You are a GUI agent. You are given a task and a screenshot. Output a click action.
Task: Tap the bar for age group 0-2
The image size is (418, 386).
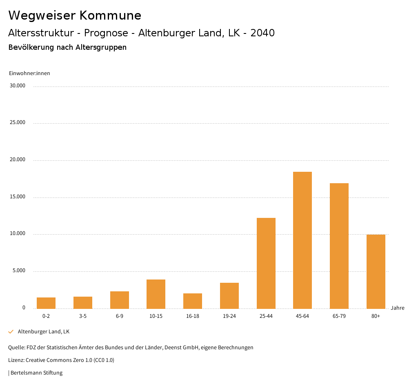click(x=46, y=303)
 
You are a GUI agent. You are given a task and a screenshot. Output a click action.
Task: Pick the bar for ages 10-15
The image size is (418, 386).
click(x=156, y=294)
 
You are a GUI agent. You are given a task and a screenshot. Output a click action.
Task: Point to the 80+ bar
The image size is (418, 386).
click(x=376, y=271)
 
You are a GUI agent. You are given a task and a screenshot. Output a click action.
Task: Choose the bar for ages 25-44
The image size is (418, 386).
click(x=266, y=263)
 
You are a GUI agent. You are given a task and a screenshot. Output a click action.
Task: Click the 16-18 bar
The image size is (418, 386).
click(x=193, y=301)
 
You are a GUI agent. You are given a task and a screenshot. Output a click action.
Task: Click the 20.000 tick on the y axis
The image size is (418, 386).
click(x=18, y=160)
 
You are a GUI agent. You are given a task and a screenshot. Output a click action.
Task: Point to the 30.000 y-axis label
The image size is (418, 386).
click(x=18, y=86)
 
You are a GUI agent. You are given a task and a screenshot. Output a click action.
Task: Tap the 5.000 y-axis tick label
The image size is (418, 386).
click(x=19, y=271)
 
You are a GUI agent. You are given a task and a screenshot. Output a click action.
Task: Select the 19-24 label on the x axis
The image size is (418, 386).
click(x=229, y=316)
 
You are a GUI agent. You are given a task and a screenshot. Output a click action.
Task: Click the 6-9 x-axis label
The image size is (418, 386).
click(x=120, y=316)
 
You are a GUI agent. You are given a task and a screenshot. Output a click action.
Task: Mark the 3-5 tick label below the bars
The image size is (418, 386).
click(x=83, y=316)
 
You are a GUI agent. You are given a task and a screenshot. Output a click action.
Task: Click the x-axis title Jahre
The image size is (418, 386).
click(x=398, y=308)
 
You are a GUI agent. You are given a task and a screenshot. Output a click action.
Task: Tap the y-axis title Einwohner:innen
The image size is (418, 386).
click(x=29, y=73)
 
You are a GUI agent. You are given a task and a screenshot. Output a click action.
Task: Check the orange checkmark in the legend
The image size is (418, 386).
click(x=11, y=332)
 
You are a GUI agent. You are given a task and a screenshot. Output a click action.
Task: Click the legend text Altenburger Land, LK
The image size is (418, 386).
click(x=44, y=332)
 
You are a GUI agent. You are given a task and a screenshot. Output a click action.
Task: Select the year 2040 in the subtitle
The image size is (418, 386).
click(x=262, y=33)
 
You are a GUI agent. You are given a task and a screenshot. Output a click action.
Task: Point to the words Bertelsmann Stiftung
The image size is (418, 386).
click(x=36, y=373)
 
